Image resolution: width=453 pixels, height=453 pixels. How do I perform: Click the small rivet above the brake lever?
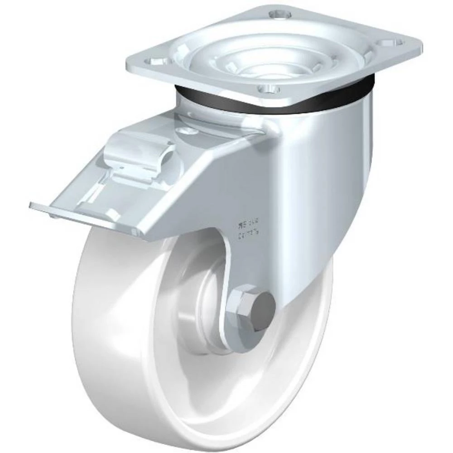(184, 131)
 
